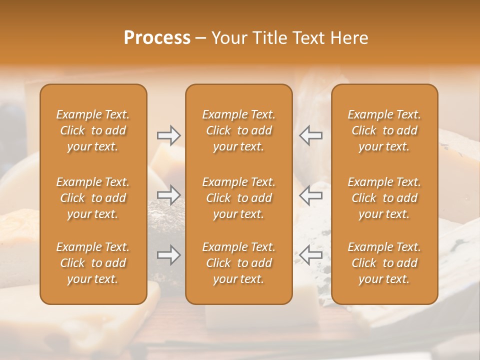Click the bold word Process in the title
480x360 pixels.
click(157, 38)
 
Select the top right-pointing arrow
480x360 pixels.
click(169, 135)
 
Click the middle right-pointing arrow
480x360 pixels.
click(169, 195)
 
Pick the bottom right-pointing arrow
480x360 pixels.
click(169, 255)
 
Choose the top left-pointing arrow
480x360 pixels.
click(310, 135)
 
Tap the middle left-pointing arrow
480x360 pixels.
click(310, 195)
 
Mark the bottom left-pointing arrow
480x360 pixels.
click(310, 255)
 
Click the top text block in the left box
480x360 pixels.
click(93, 130)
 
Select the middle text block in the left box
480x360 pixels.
click(93, 198)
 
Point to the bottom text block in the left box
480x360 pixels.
click(93, 263)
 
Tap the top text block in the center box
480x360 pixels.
click(238, 130)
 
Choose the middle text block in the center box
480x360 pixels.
click(238, 198)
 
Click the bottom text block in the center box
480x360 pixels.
click(238, 263)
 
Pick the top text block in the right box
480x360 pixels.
click(384, 130)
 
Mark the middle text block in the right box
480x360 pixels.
click(384, 198)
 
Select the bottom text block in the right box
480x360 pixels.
click(384, 263)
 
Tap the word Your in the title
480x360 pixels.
click(228, 38)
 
